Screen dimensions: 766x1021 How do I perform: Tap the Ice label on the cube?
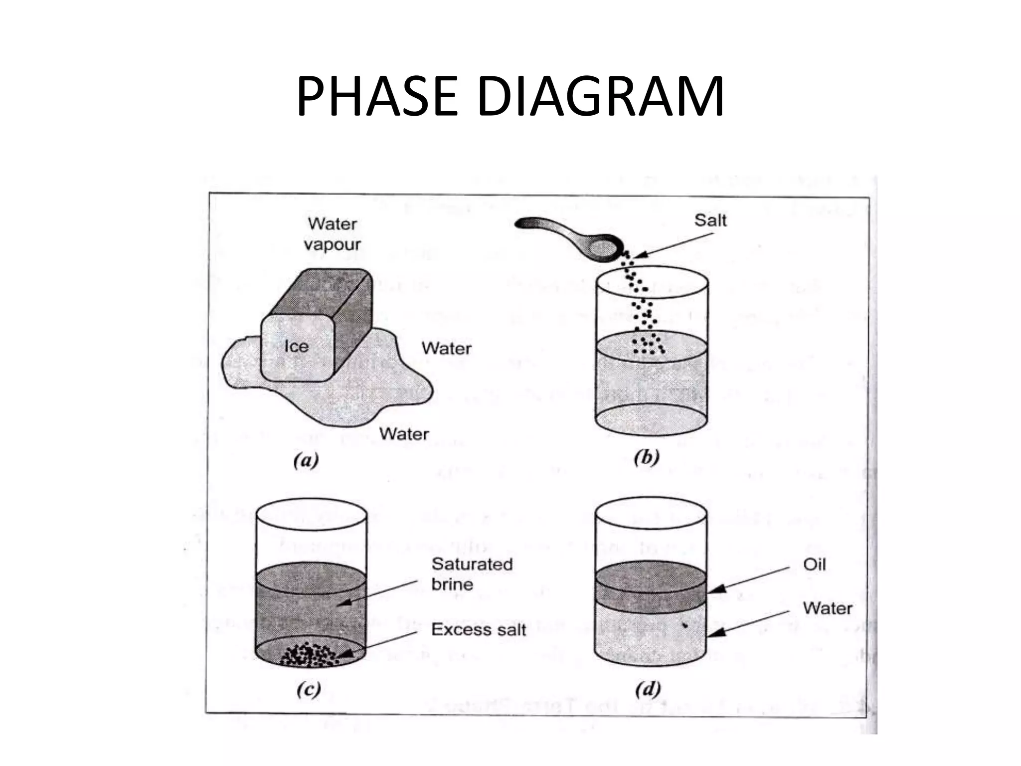[296, 346]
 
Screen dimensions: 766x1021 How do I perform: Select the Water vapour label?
[332, 234]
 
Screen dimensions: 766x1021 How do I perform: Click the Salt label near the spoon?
[710, 220]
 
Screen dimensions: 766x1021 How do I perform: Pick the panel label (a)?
[306, 460]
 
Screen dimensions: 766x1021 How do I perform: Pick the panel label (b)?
[646, 457]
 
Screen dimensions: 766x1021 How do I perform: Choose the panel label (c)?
[308, 689]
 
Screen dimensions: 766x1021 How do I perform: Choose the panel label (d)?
[648, 689]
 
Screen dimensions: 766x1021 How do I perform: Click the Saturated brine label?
[471, 574]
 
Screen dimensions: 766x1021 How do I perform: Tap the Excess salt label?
[478, 629]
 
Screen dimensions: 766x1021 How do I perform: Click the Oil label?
[814, 565]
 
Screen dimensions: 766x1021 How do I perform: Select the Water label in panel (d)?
[827, 608]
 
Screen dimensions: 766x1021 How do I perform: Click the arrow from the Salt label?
[673, 246]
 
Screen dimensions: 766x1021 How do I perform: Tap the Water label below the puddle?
[404, 433]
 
